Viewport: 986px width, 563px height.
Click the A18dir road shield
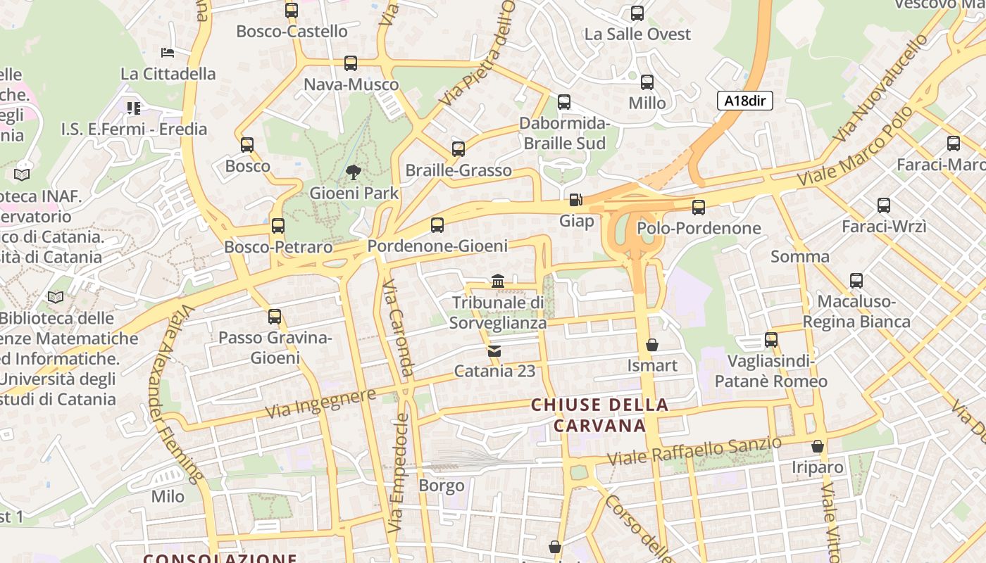[x=745, y=101]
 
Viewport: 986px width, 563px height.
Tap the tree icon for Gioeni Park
[x=354, y=172]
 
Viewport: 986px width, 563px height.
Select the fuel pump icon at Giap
[x=575, y=200]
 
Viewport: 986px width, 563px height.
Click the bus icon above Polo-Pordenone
[x=698, y=207]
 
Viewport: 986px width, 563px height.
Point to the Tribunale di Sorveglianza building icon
[x=498, y=281]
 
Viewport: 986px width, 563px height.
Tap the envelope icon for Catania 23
[x=494, y=350]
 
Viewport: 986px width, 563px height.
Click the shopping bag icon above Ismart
[x=652, y=345]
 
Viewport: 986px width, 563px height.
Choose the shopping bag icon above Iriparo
[x=817, y=446]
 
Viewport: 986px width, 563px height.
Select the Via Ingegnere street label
[x=320, y=403]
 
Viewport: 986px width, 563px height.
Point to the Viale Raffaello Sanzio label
[x=694, y=450]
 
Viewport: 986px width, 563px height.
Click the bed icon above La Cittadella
[x=168, y=53]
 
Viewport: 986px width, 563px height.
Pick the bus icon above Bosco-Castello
[x=291, y=11]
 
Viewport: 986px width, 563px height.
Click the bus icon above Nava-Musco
[x=351, y=63]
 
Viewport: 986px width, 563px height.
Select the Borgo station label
[x=442, y=486]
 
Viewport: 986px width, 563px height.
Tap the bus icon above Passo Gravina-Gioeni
[x=275, y=317]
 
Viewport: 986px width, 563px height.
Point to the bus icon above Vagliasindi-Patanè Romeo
[x=771, y=340]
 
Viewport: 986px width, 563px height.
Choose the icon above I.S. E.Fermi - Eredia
[x=134, y=108]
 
